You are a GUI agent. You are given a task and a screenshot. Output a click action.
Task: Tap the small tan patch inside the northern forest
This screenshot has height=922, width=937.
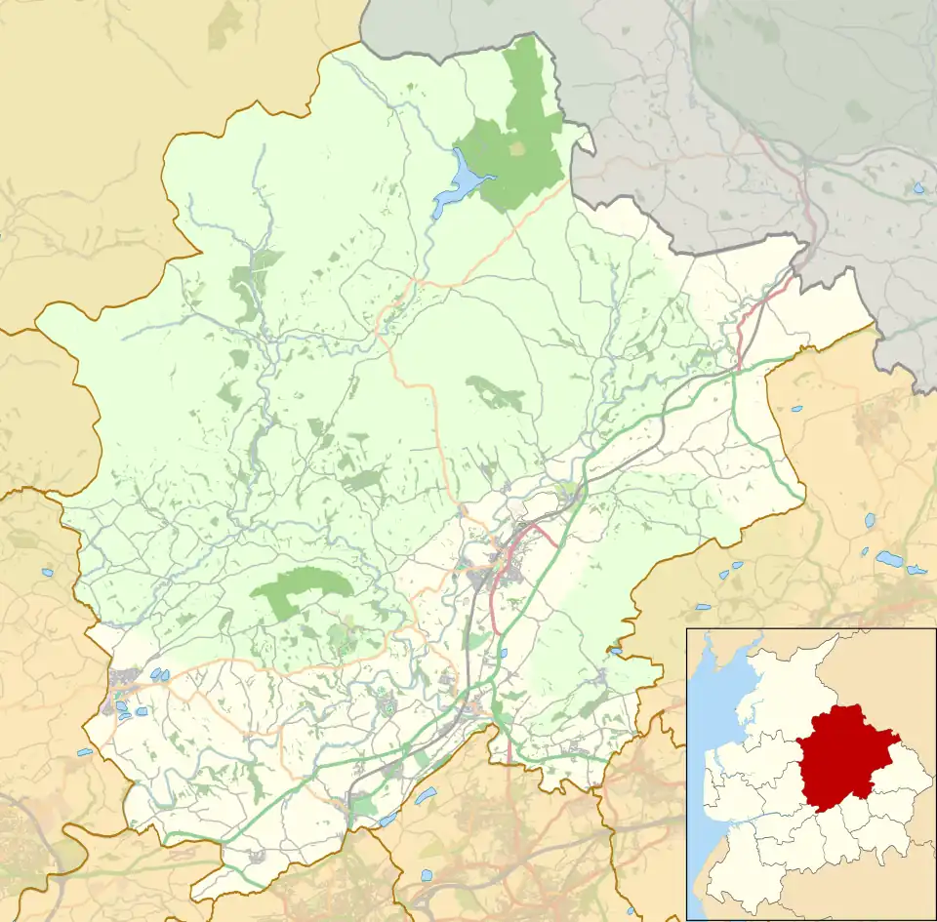[x=518, y=148]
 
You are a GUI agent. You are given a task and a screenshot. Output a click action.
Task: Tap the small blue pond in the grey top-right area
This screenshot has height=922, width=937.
[x=918, y=187]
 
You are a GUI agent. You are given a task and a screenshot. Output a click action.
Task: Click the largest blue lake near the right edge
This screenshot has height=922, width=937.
[x=889, y=559]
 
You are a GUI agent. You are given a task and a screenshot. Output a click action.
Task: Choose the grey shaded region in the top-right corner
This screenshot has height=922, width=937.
[x=761, y=98]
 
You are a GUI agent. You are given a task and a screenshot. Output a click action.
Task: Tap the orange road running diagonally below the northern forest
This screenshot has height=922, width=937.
[x=508, y=244]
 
